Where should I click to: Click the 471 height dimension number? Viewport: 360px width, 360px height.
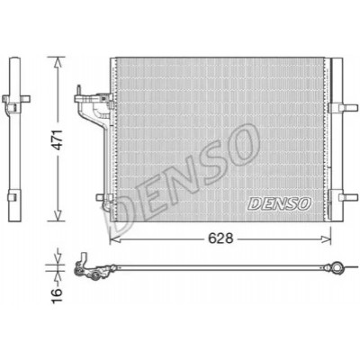[x=58, y=139]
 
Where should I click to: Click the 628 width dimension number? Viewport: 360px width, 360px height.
[x=220, y=238]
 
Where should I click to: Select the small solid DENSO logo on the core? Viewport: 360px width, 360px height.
[x=279, y=203]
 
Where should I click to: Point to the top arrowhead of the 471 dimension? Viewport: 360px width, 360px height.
[x=58, y=64]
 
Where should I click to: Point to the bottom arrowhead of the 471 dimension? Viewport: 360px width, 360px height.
[x=58, y=215]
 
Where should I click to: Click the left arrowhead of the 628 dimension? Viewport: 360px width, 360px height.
[x=115, y=239]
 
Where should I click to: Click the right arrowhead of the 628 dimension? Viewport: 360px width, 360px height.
[x=325, y=239]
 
